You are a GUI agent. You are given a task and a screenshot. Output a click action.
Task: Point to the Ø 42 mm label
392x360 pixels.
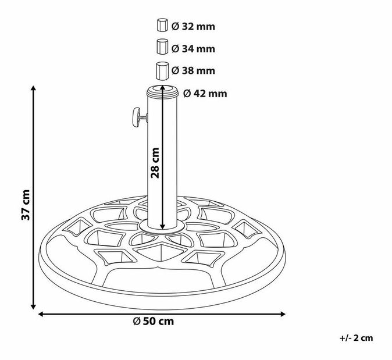[x=204, y=93]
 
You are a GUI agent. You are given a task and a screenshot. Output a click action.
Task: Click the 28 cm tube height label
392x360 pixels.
[x=155, y=163]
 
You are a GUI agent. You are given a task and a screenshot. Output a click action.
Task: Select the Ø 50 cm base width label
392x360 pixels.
[x=153, y=321]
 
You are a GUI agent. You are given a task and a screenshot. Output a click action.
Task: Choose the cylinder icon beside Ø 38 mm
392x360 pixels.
[x=162, y=70]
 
